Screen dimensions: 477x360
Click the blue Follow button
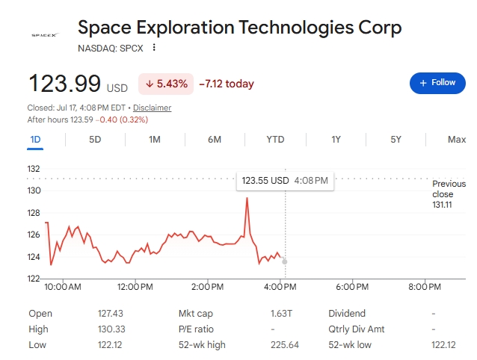pyautogui.click(x=437, y=83)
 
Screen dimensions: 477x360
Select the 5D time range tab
pyautogui.click(x=95, y=140)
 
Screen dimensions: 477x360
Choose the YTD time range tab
pyautogui.click(x=275, y=140)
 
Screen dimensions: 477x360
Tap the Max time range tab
pyautogui.click(x=457, y=140)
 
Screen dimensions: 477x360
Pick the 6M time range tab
pyautogui.click(x=215, y=140)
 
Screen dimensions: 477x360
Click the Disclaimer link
pyautogui.click(x=152, y=108)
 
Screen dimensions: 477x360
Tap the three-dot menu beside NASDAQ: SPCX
pyautogui.click(x=154, y=47)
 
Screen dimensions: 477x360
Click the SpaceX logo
pyautogui.click(x=45, y=35)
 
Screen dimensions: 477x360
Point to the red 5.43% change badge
pyautogui.click(x=166, y=84)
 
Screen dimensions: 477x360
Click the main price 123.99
pyautogui.click(x=64, y=83)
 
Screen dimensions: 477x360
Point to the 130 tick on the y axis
pyautogui.click(x=34, y=190)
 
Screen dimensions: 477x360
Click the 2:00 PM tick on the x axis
pyautogui.click(x=207, y=287)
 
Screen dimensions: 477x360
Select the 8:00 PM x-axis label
pyautogui.click(x=425, y=287)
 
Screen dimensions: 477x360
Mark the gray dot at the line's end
pyautogui.click(x=285, y=261)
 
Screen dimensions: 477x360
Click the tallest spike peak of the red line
pyautogui.click(x=247, y=198)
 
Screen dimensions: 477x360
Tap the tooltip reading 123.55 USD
pyautogui.click(x=285, y=181)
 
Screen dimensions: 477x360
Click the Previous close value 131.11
pyautogui.click(x=442, y=205)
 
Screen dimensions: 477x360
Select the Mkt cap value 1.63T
pyautogui.click(x=281, y=313)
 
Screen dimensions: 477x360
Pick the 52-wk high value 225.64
pyautogui.click(x=285, y=345)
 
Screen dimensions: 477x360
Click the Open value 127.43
pyautogui.click(x=111, y=313)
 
